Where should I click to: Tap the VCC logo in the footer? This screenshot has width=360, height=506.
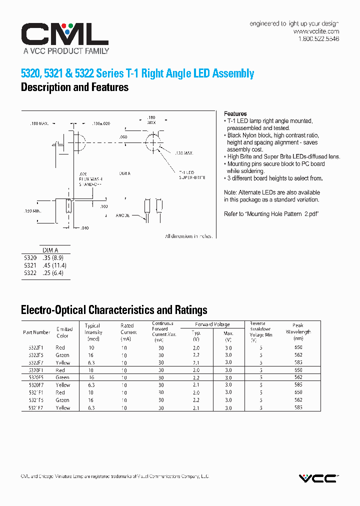coord(318,478)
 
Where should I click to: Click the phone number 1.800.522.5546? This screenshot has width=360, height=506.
coord(318,38)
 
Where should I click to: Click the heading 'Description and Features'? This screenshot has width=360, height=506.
coord(74,87)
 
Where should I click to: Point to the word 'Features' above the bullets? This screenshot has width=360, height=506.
coord(235,114)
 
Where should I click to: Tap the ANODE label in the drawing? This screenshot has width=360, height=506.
coord(123,215)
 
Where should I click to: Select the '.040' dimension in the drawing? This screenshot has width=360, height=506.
coord(84,228)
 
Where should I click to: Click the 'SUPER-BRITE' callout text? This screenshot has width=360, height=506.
coord(192,177)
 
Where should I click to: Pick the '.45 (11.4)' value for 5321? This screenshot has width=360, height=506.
coord(54,265)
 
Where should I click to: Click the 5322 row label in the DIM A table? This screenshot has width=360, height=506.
coord(30,273)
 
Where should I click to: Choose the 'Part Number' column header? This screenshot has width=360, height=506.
coord(36,332)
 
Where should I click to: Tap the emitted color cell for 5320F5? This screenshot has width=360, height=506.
coord(62,377)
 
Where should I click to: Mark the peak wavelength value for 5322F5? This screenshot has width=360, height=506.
coord(298,355)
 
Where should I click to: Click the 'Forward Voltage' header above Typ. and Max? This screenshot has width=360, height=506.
coord(212,324)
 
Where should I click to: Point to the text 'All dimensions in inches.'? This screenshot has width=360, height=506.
coord(189,236)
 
